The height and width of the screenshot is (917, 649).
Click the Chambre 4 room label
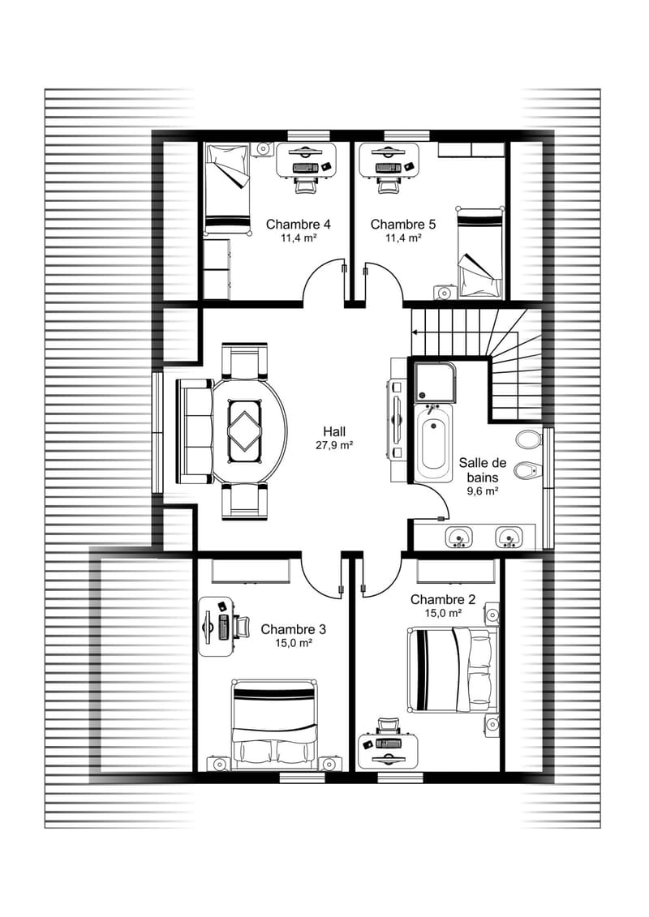coord(298,224)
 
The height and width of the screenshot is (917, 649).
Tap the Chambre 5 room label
coord(402,224)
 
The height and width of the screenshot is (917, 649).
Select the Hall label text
coord(334,432)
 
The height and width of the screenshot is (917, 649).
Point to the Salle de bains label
coord(482,469)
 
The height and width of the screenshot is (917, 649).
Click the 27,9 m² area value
coord(334,445)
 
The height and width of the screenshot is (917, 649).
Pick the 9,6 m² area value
coord(482,491)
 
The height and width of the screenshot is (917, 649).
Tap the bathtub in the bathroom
coord(433,443)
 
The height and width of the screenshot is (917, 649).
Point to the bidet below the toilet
coord(528,470)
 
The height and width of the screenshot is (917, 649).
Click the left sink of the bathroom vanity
coord(459,537)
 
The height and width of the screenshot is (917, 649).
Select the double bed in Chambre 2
coord(452,670)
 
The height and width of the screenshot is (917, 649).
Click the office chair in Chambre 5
coord(386,185)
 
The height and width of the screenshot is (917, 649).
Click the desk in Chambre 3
coord(217,627)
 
